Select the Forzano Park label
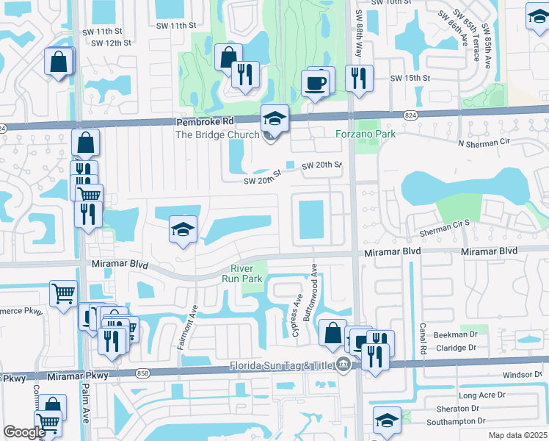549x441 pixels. (366, 134)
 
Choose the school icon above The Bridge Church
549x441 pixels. (274, 118)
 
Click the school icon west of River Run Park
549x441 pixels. (183, 229)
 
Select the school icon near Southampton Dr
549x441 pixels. (386, 420)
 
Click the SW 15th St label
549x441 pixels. (410, 78)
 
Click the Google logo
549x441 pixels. (24, 432)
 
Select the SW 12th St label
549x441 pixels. (111, 43)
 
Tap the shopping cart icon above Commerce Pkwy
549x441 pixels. (64, 293)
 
